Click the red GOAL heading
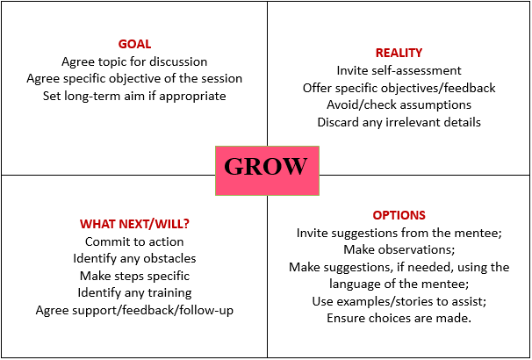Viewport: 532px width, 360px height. coord(134,44)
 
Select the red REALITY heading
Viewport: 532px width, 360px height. coord(399,53)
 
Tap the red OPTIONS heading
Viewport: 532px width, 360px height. coord(399,215)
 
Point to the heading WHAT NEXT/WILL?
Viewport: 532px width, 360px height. coord(134,224)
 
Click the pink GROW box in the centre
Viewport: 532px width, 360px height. coord(267,170)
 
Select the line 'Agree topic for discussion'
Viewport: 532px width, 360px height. coord(134,61)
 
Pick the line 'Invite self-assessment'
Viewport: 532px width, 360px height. coord(399,70)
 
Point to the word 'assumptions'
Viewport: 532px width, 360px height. coord(435,105)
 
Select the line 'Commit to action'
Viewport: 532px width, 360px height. coord(134,241)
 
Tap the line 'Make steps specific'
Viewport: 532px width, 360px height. coord(134,276)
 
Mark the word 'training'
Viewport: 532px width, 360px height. coord(169,292)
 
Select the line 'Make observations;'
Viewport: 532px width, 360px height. coord(399,249)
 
